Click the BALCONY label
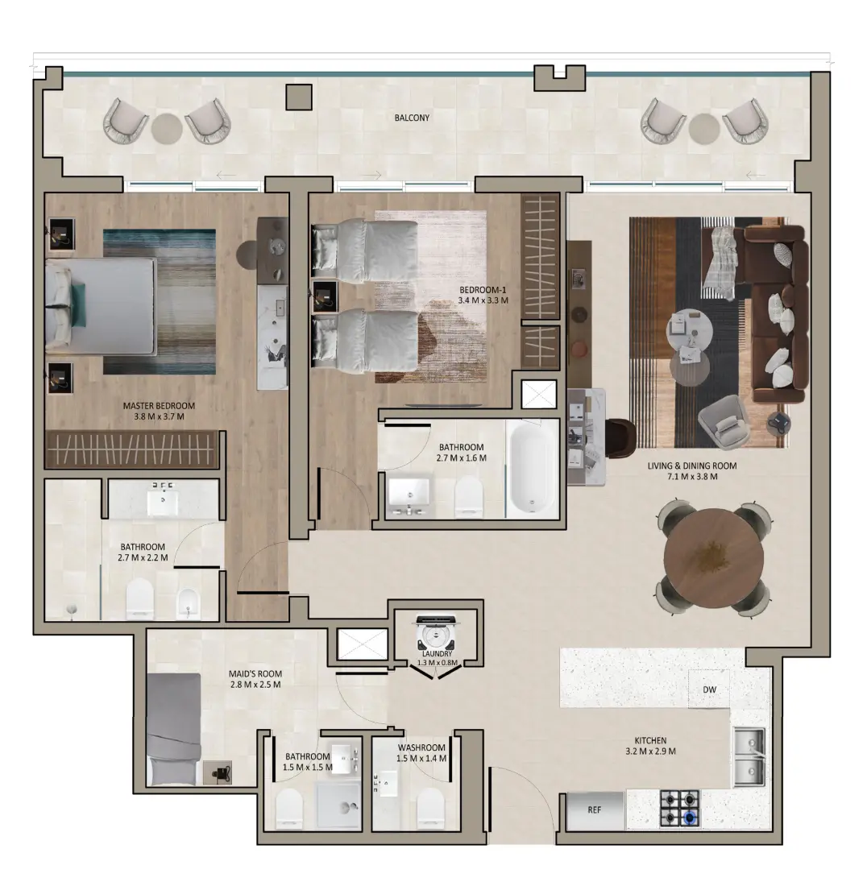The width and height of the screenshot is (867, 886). coord(412,118)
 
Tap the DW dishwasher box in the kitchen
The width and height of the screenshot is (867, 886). coord(709,690)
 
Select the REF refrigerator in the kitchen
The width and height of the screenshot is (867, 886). coord(595,810)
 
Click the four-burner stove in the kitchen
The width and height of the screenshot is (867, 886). coord(680,809)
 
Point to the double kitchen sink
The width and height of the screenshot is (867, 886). coord(749,757)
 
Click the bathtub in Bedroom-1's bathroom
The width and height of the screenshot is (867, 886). coord(531,468)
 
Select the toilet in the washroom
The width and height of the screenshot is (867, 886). coord(431,807)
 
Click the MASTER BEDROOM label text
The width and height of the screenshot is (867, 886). coord(159,406)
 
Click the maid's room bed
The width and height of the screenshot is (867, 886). coord(173,729)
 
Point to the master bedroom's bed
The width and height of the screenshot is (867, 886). coord(101,306)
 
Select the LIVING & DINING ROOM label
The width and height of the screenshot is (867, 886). coord(692,466)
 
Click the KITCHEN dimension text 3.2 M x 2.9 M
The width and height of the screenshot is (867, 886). coord(649,751)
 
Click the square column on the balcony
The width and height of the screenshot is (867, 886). coord(299,97)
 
